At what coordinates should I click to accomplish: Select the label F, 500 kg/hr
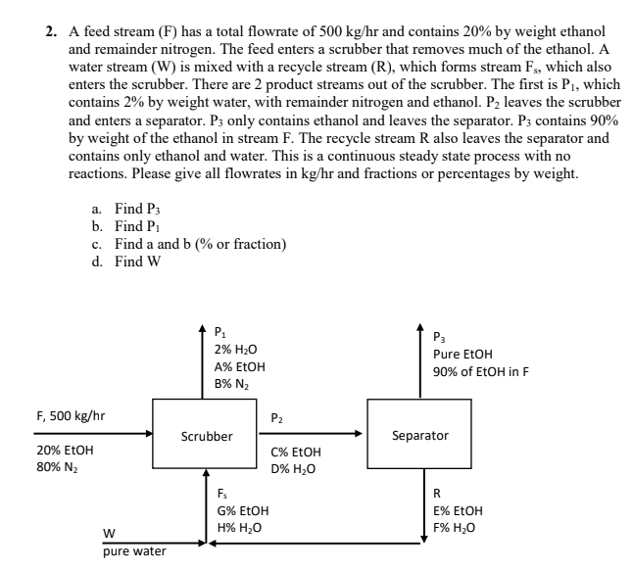point(71,416)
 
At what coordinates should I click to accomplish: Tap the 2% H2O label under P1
point(236,350)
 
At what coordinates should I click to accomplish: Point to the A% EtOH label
point(240,367)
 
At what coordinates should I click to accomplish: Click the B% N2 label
point(231,384)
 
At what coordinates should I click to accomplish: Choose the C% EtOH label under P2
point(296,453)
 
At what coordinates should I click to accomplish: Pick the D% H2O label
point(293,469)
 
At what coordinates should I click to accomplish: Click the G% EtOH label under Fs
point(243,511)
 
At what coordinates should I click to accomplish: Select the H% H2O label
point(239,528)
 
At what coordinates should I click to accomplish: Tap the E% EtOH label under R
point(458,511)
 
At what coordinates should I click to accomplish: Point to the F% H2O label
point(454,528)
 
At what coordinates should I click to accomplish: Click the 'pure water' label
point(134,551)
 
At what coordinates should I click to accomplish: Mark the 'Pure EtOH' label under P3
point(463,355)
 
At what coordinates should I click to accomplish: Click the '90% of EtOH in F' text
point(481,371)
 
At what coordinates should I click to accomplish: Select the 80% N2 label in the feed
point(58,467)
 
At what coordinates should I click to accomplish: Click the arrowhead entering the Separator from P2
point(359,434)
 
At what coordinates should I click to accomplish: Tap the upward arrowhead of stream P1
point(202,328)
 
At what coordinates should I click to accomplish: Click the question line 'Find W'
point(126,262)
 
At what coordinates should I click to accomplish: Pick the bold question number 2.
point(51,31)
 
